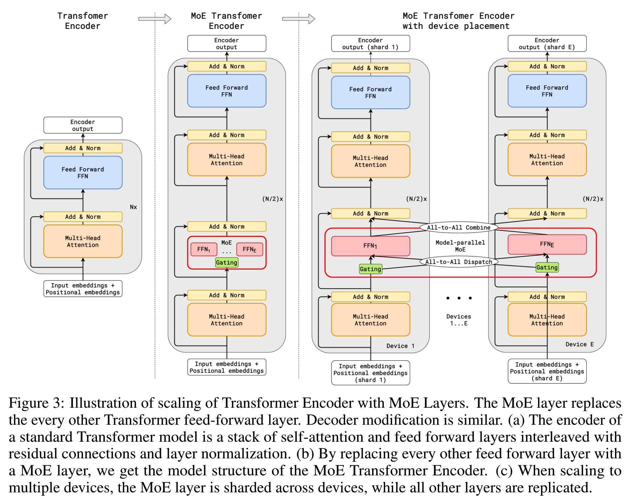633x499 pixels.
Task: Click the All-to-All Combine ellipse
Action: click(x=458, y=228)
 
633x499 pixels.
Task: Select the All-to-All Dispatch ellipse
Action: click(x=458, y=262)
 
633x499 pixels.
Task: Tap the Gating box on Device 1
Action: click(x=370, y=269)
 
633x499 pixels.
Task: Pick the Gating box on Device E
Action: click(x=547, y=267)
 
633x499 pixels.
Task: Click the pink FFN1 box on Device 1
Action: click(x=370, y=246)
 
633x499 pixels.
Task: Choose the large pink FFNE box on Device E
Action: click(x=547, y=244)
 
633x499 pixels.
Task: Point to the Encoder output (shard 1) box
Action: click(x=370, y=44)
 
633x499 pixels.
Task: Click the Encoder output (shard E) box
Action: click(x=547, y=44)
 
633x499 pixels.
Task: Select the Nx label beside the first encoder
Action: click(x=133, y=207)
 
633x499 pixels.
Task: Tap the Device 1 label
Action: click(x=400, y=346)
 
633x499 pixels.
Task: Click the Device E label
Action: click(x=579, y=344)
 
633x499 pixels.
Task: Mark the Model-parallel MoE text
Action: click(x=460, y=246)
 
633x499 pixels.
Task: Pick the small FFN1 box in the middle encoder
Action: click(x=204, y=249)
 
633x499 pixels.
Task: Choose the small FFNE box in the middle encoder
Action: click(x=249, y=249)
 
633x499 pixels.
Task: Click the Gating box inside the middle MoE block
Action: click(x=227, y=262)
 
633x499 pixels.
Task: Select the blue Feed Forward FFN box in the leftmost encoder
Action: click(x=83, y=173)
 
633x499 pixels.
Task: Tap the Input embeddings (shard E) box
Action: click(x=547, y=371)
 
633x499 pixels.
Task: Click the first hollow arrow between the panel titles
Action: click(x=155, y=19)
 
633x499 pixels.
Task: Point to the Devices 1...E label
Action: click(x=458, y=320)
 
